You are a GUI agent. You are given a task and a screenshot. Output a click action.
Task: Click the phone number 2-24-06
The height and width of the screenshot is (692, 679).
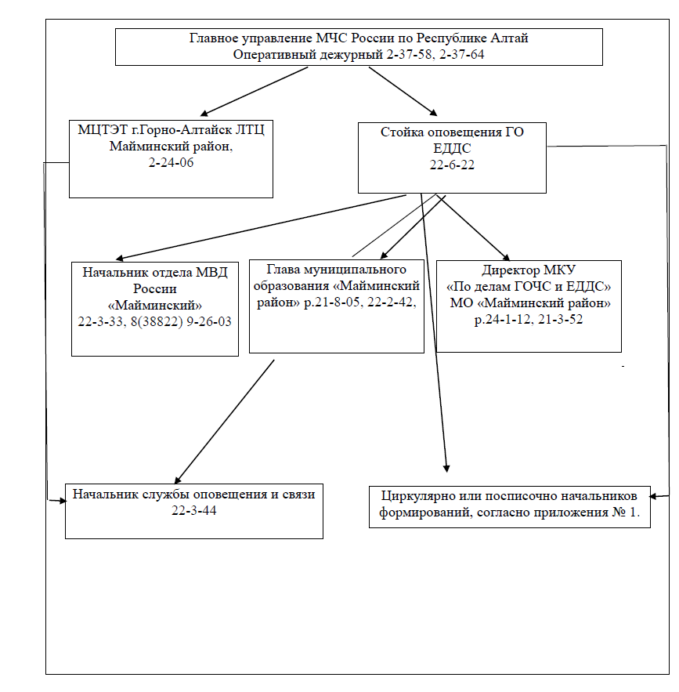171,162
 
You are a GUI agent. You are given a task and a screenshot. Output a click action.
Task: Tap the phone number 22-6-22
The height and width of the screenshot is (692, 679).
452,165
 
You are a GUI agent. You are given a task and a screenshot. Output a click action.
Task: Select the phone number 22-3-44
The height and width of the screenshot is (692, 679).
194,511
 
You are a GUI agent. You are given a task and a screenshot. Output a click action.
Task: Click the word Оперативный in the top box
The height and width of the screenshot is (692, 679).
308,55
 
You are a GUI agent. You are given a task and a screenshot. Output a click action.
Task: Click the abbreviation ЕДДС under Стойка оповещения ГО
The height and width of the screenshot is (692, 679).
452,148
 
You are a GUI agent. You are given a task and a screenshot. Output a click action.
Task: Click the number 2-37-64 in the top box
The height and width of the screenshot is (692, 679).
461,55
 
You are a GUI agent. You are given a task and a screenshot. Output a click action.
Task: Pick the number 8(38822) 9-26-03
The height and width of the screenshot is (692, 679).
181,322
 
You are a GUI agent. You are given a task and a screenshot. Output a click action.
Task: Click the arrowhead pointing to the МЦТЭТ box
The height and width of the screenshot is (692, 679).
204,114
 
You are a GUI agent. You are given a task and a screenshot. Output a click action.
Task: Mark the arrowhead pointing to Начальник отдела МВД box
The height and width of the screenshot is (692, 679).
119,258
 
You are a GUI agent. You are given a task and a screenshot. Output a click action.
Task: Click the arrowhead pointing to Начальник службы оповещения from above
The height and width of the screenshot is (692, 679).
177,480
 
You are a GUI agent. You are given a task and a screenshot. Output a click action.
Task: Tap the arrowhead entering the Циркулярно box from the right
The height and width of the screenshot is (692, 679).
653,497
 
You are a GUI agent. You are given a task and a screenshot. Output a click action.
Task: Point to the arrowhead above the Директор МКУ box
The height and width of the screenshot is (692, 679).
506,257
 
